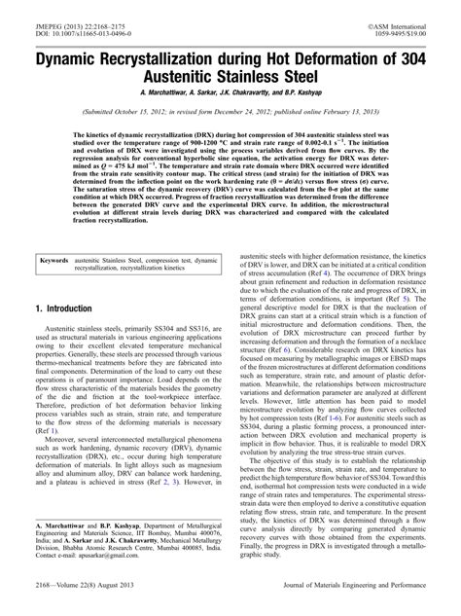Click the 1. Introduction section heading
(x=65, y=308)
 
